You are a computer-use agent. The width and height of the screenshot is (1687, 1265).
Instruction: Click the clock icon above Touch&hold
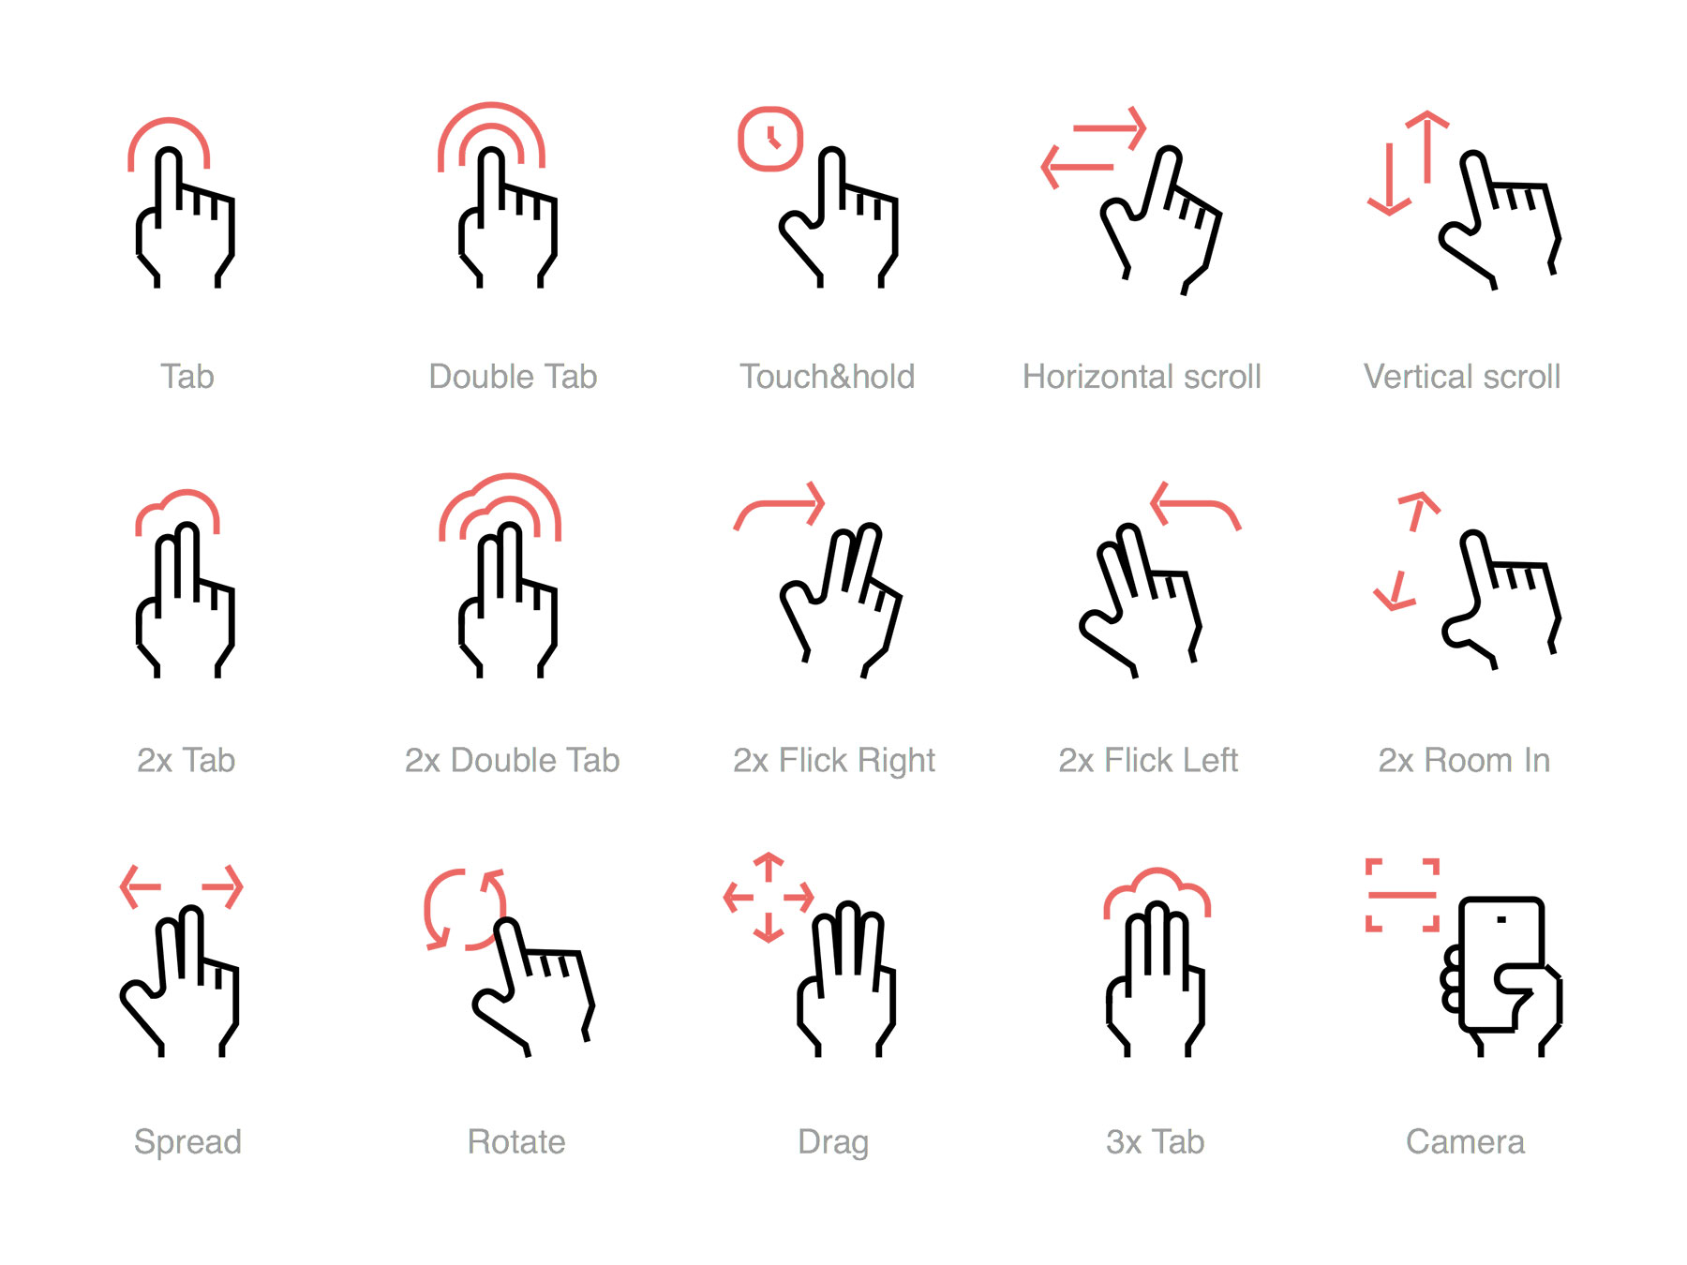click(770, 140)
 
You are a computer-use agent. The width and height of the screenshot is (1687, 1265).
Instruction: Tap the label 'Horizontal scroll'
click(1142, 377)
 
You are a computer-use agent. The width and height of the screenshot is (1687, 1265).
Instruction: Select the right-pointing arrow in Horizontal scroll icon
click(1110, 128)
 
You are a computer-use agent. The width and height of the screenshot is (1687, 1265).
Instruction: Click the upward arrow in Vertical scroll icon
click(1427, 145)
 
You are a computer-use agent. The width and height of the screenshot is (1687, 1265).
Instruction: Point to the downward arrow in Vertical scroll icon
click(1390, 181)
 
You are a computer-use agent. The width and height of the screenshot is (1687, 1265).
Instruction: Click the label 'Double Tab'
click(513, 377)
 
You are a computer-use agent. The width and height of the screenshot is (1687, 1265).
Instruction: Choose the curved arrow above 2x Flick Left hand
click(1195, 505)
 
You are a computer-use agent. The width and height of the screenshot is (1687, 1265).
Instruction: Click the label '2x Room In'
click(1463, 760)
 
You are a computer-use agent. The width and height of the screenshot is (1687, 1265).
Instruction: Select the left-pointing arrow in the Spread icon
click(141, 886)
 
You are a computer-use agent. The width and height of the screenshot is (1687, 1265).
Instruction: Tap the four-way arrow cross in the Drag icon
click(769, 897)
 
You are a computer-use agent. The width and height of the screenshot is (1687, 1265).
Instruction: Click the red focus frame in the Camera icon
click(1402, 895)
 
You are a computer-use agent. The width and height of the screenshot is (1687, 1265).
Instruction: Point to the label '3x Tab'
click(1155, 1142)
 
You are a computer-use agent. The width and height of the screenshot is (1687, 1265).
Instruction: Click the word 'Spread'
click(187, 1142)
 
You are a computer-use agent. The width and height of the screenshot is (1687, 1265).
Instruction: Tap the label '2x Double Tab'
click(512, 760)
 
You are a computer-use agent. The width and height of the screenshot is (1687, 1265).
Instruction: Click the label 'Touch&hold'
click(827, 377)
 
